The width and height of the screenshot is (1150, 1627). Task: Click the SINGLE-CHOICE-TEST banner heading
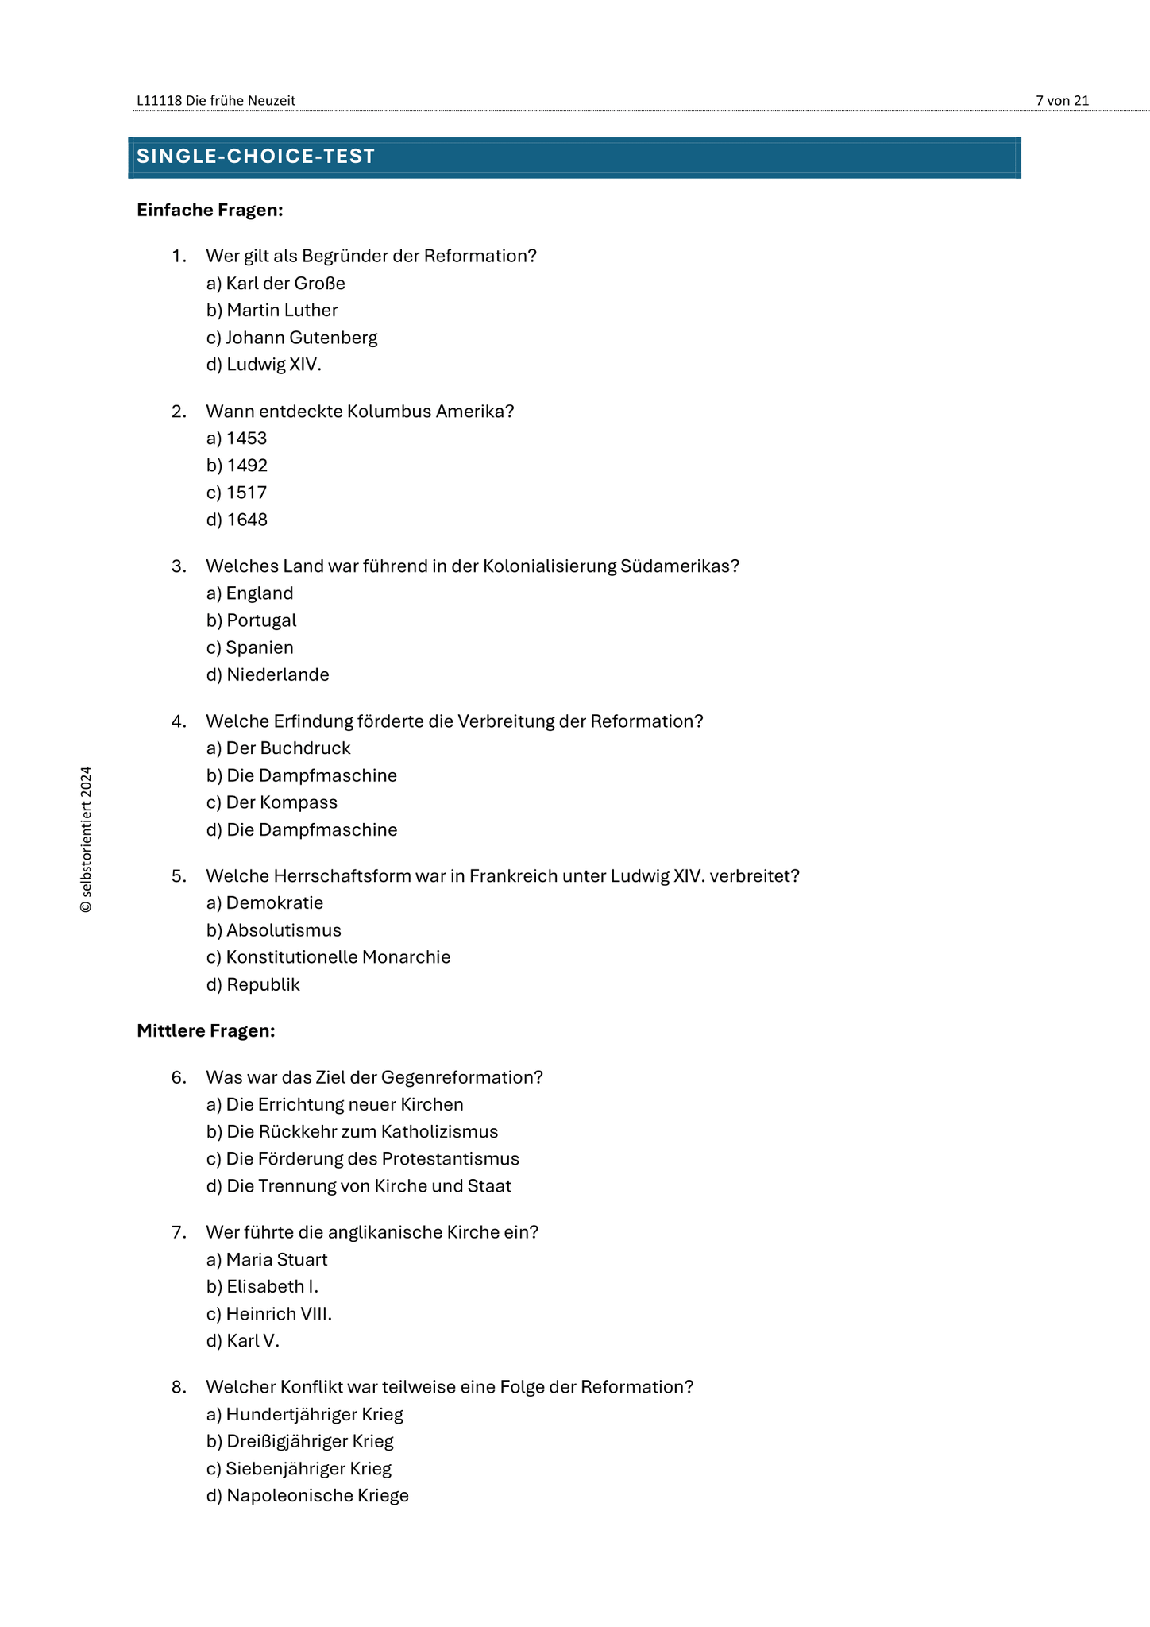point(256,157)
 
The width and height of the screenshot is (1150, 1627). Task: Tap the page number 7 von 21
point(1062,100)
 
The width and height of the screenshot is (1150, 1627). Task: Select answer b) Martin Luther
point(272,311)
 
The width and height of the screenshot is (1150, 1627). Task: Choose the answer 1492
point(237,466)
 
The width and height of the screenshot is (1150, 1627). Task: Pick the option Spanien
point(250,647)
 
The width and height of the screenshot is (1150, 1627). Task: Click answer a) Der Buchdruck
point(279,748)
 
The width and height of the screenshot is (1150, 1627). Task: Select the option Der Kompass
point(272,802)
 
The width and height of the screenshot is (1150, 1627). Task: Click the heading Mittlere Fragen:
point(206,1031)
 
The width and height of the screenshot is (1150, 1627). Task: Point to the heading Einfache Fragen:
point(210,210)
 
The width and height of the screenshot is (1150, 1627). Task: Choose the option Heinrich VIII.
point(269,1314)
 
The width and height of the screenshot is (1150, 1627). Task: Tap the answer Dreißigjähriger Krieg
point(300,1441)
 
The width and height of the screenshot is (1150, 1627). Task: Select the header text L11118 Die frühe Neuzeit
point(216,100)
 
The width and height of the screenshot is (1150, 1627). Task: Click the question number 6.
point(179,1077)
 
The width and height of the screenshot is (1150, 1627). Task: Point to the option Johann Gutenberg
point(292,338)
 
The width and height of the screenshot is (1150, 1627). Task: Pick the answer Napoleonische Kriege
point(308,1496)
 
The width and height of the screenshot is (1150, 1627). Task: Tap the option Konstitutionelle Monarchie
point(329,957)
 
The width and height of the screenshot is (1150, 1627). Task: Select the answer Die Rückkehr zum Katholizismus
point(353,1132)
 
